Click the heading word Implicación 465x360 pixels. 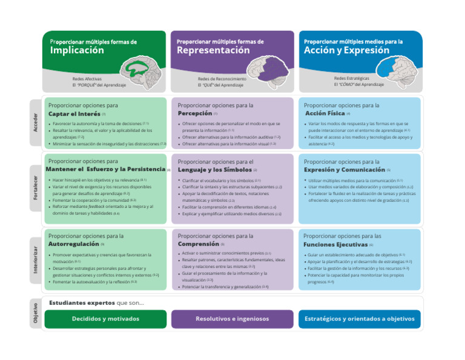77,51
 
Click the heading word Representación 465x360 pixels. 213,51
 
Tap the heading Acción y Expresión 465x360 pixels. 346,51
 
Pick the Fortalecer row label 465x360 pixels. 36,188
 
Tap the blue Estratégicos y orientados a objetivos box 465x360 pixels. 359,319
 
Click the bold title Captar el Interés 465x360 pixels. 74,113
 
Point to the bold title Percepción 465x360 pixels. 195,113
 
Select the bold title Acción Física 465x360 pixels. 325,113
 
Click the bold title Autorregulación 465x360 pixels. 74,244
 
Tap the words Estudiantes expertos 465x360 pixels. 82,303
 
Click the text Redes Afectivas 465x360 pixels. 87,79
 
